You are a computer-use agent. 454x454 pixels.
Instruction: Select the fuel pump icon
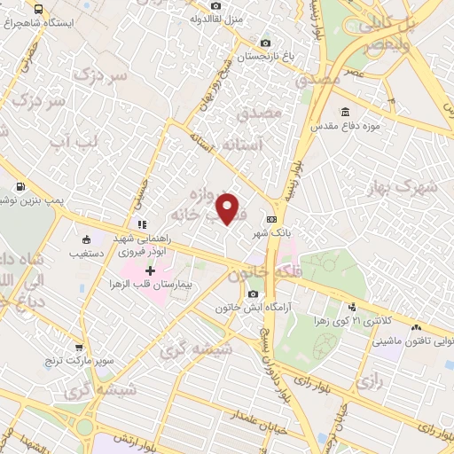click(20, 188)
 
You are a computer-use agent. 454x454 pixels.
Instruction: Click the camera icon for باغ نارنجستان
click(265, 43)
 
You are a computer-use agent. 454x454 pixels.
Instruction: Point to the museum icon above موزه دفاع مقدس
click(344, 112)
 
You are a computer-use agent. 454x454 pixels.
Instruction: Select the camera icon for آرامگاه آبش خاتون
click(254, 294)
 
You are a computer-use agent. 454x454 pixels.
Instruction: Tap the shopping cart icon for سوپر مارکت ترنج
click(80, 348)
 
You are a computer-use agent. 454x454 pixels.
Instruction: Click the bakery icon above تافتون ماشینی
click(416, 327)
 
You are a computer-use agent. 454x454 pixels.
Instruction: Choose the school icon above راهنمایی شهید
click(139, 223)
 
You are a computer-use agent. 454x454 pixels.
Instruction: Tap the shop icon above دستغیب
click(86, 239)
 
